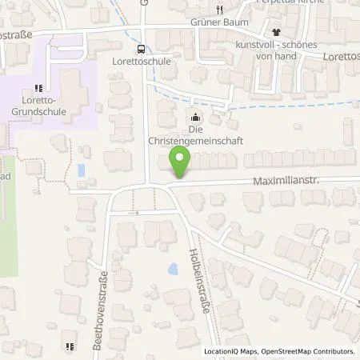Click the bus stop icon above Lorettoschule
(x=141, y=47)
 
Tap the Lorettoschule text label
(x=141, y=60)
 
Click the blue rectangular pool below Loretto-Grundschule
(x=81, y=170)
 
